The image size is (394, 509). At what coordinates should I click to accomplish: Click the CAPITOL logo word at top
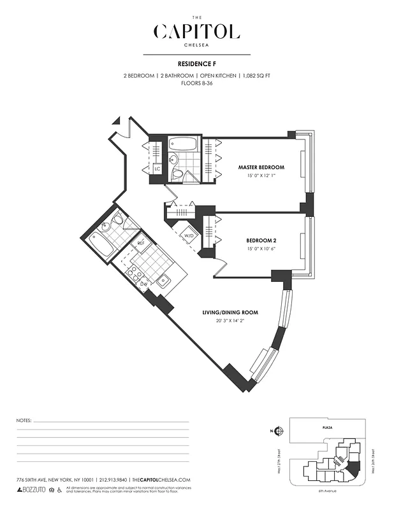[x=196, y=31]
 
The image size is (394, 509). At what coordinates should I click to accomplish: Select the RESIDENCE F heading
[x=196, y=64]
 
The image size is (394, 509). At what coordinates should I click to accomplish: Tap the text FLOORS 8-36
[x=196, y=83]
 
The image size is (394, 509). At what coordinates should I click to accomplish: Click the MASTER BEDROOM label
[x=261, y=167]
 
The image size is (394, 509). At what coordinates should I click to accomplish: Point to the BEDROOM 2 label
[x=261, y=241]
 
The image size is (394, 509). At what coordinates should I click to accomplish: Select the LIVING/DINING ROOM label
[x=230, y=312]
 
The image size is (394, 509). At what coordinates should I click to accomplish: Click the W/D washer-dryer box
[x=189, y=236]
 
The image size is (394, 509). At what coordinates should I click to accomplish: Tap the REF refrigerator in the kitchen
[x=141, y=243]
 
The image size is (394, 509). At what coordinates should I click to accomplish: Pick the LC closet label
[x=156, y=169]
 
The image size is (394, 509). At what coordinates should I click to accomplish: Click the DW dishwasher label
[x=144, y=284]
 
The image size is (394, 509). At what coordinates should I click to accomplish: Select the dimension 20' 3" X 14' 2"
[x=230, y=321]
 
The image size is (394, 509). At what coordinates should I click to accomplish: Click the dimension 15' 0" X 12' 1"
[x=261, y=176]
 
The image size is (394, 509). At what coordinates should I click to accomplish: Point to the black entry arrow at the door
[x=116, y=120]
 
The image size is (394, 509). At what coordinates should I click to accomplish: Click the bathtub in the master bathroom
[x=184, y=144]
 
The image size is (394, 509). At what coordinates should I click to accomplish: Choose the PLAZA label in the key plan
[x=328, y=429]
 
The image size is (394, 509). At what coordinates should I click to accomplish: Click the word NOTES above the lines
[x=23, y=421]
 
